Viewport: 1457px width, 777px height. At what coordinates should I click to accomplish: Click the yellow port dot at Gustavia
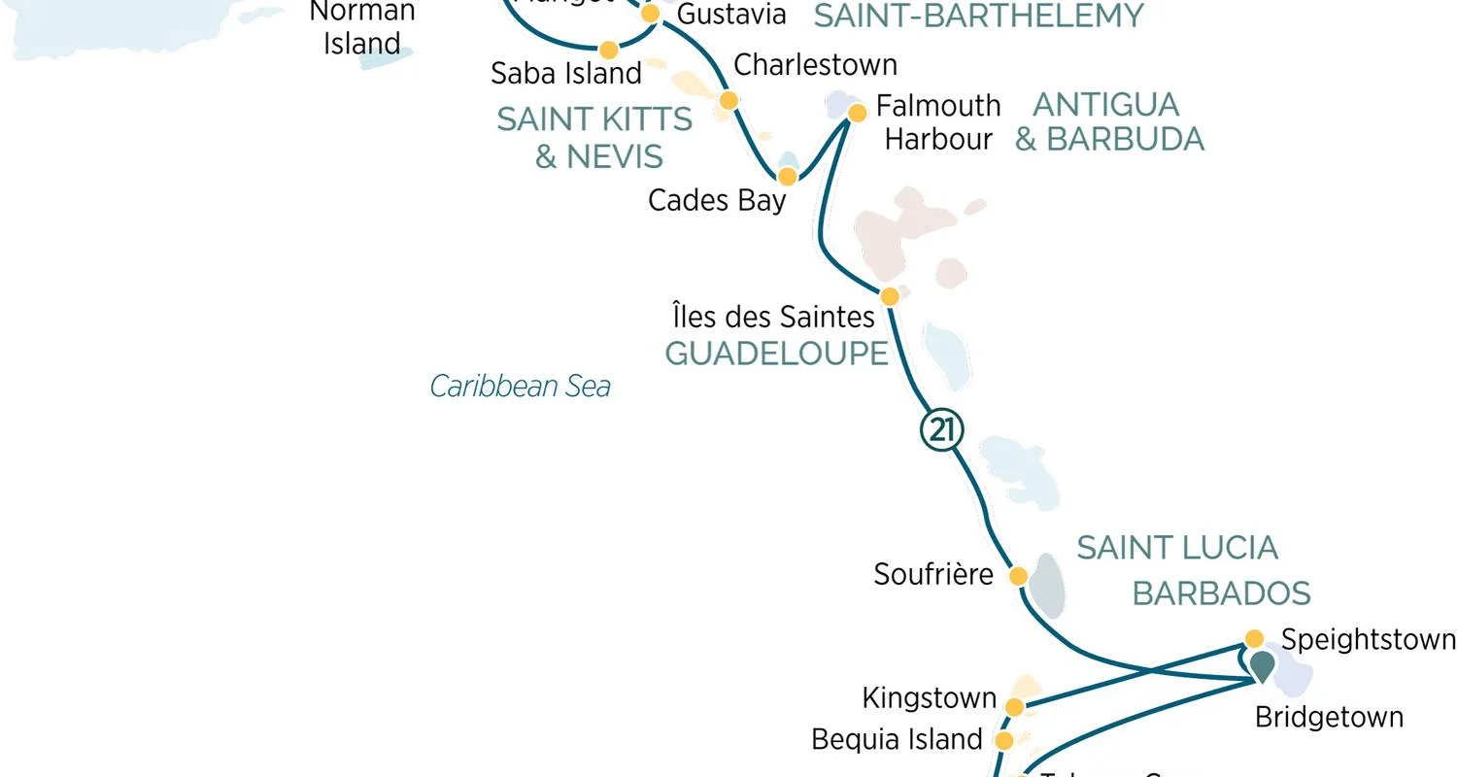coord(651,14)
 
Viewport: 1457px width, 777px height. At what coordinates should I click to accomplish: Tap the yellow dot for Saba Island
coord(608,50)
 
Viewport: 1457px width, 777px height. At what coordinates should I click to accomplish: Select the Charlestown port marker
coord(728,100)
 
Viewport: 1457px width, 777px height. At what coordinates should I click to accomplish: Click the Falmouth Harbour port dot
coord(857,114)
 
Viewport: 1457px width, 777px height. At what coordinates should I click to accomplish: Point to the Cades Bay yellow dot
coord(788,176)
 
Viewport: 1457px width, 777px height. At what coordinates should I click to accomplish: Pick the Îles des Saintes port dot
coord(889,296)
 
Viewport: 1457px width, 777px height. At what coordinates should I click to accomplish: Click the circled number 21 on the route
coord(941,430)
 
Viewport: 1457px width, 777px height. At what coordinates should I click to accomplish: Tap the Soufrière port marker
coord(1018,576)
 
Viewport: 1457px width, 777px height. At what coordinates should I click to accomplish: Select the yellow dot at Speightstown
coord(1254,639)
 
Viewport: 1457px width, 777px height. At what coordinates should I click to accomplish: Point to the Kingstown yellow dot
coord(1014,707)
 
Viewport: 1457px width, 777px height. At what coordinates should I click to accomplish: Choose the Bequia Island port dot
coord(1004,741)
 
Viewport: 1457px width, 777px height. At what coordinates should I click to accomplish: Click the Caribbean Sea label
coord(521,387)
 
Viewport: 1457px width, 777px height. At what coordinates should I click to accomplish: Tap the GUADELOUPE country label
coord(776,354)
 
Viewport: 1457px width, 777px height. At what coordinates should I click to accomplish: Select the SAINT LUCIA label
coord(1176,548)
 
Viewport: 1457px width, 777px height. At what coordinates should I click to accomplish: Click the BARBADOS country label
coord(1221,592)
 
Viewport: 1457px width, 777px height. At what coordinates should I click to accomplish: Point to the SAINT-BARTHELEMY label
coord(978,16)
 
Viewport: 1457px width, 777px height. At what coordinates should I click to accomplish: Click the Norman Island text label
coord(362,27)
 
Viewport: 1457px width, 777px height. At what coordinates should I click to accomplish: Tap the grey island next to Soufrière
coord(1047,586)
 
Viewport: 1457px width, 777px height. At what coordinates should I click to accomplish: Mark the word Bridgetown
coord(1329,718)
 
